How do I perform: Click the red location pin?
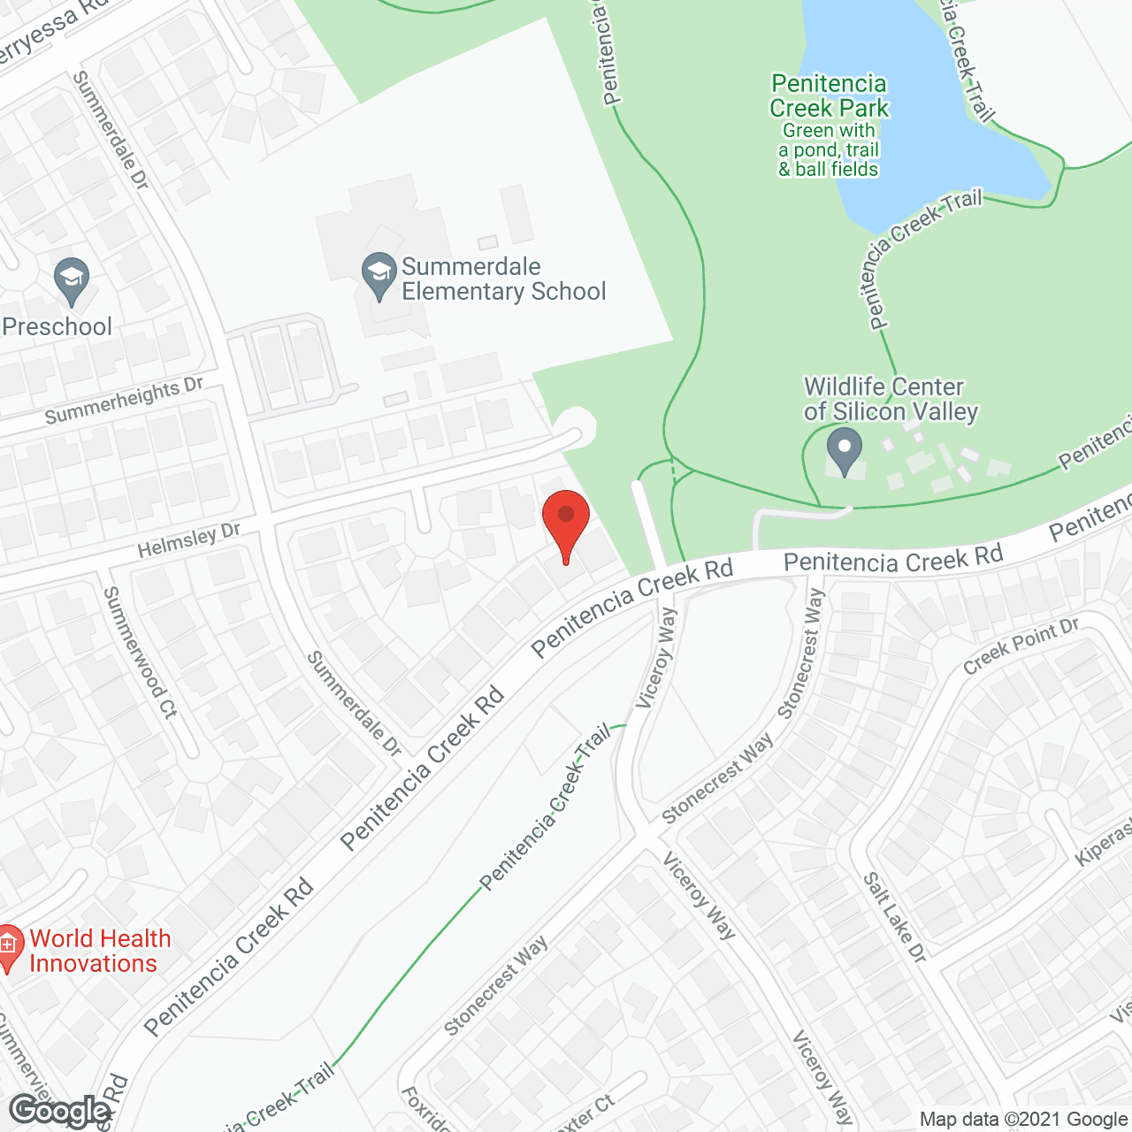pyautogui.click(x=565, y=522)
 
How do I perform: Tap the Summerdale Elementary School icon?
pyautogui.click(x=379, y=275)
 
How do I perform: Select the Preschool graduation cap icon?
pyautogui.click(x=72, y=280)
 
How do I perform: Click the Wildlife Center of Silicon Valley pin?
pyautogui.click(x=845, y=450)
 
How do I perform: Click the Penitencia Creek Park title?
pyautogui.click(x=829, y=96)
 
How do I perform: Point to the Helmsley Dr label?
pyautogui.click(x=188, y=539)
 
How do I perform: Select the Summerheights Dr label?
pyautogui.click(x=124, y=400)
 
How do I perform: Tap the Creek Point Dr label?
pyautogui.click(x=1021, y=646)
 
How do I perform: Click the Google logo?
pyautogui.click(x=59, y=1111)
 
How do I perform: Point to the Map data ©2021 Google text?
pyautogui.click(x=1024, y=1120)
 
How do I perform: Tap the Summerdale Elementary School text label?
pyautogui.click(x=503, y=279)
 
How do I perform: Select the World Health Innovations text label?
pyautogui.click(x=99, y=951)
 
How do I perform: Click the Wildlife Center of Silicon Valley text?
pyautogui.click(x=891, y=399)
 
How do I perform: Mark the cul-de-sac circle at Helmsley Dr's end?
pyautogui.click(x=577, y=428)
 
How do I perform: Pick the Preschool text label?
pyautogui.click(x=57, y=326)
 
